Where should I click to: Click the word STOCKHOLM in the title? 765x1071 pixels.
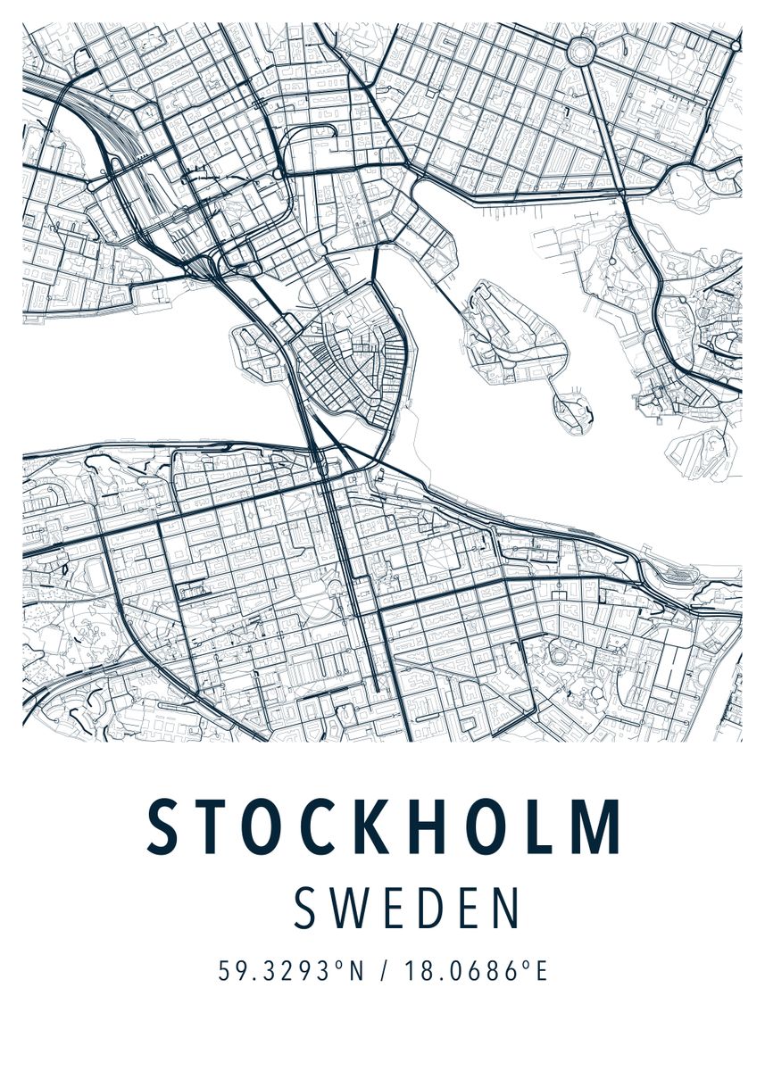384,827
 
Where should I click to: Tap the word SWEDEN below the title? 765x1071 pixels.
406,908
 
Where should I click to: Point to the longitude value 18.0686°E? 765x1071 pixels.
474,971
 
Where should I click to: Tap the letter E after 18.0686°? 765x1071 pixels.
538,971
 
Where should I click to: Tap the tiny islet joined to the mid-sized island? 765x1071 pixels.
572,410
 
